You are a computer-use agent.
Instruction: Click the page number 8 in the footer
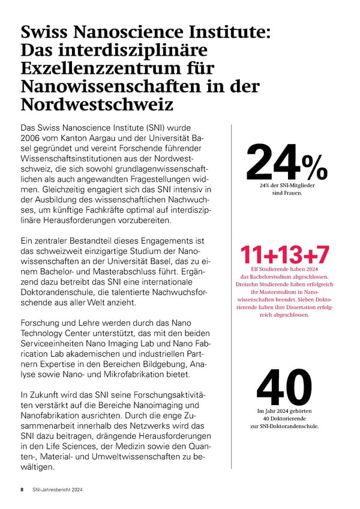(22, 490)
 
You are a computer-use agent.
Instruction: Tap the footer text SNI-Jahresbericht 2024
(58, 490)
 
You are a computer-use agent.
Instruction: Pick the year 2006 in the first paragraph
(32, 138)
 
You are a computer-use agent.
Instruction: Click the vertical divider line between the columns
(231, 300)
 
